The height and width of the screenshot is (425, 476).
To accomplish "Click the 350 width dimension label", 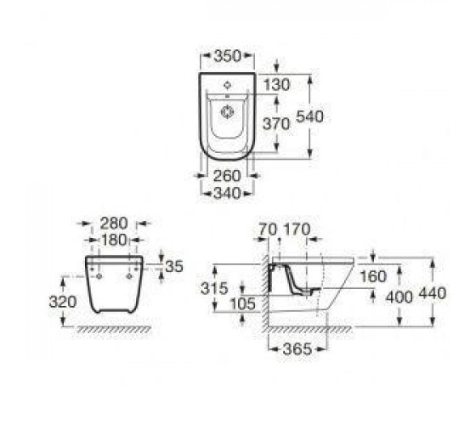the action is tap(228, 56).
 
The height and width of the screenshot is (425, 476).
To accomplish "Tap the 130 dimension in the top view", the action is tap(276, 85).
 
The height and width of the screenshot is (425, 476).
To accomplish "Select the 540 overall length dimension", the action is tap(309, 116).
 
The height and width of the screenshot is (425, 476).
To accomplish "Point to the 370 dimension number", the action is tap(276, 124).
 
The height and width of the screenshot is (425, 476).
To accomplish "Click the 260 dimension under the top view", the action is tap(227, 176).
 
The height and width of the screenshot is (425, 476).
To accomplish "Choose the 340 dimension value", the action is tap(227, 193).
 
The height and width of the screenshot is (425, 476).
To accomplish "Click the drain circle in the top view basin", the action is tap(228, 112).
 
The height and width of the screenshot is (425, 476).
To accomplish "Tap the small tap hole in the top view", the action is tap(227, 85).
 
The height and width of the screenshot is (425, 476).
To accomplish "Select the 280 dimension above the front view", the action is tap(114, 224).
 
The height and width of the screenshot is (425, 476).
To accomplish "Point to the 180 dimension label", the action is tap(114, 240).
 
